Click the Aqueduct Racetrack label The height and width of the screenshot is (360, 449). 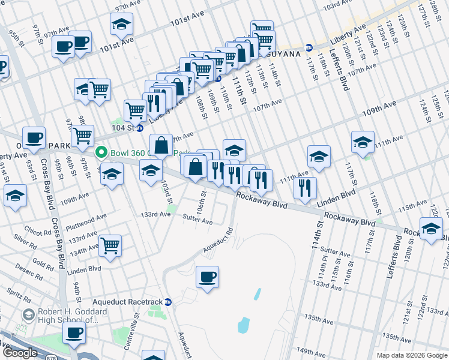pyautogui.click(x=128, y=301)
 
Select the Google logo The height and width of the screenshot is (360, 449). pyautogui.click(x=20, y=353)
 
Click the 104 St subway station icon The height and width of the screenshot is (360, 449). pyautogui.click(x=140, y=128)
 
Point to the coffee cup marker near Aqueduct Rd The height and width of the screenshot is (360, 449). pyautogui.click(x=207, y=277)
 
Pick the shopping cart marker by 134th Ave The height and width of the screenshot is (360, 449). pyautogui.click(x=110, y=245)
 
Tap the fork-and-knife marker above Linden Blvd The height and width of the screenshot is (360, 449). pyautogui.click(x=306, y=188)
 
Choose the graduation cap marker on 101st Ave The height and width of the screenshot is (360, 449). pyautogui.click(x=121, y=24)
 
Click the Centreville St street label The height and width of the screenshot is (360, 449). pyautogui.click(x=137, y=323)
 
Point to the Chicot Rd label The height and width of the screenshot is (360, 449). pyautogui.click(x=39, y=232)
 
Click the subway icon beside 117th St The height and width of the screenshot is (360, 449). pyautogui.click(x=309, y=47)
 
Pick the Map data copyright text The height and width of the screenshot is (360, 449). pyautogui.click(x=412, y=355)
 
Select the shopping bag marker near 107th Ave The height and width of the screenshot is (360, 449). pyautogui.click(x=161, y=145)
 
